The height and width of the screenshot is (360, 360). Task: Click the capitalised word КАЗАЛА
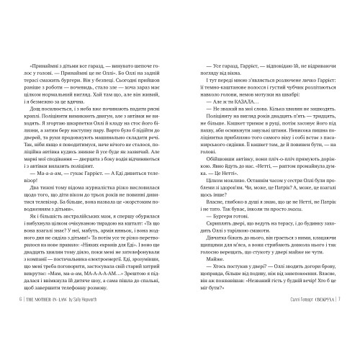tap(230, 158)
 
